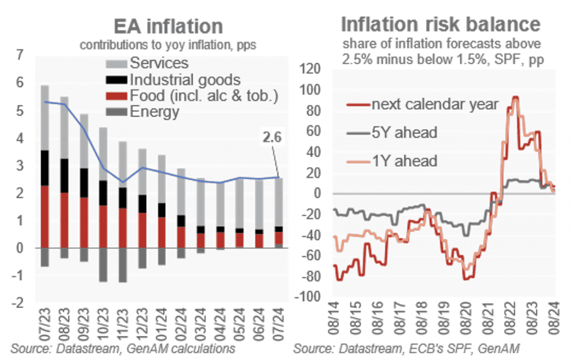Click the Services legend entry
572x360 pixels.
(159, 63)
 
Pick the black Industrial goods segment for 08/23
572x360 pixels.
(65, 176)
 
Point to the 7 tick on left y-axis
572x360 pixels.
(20, 55)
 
